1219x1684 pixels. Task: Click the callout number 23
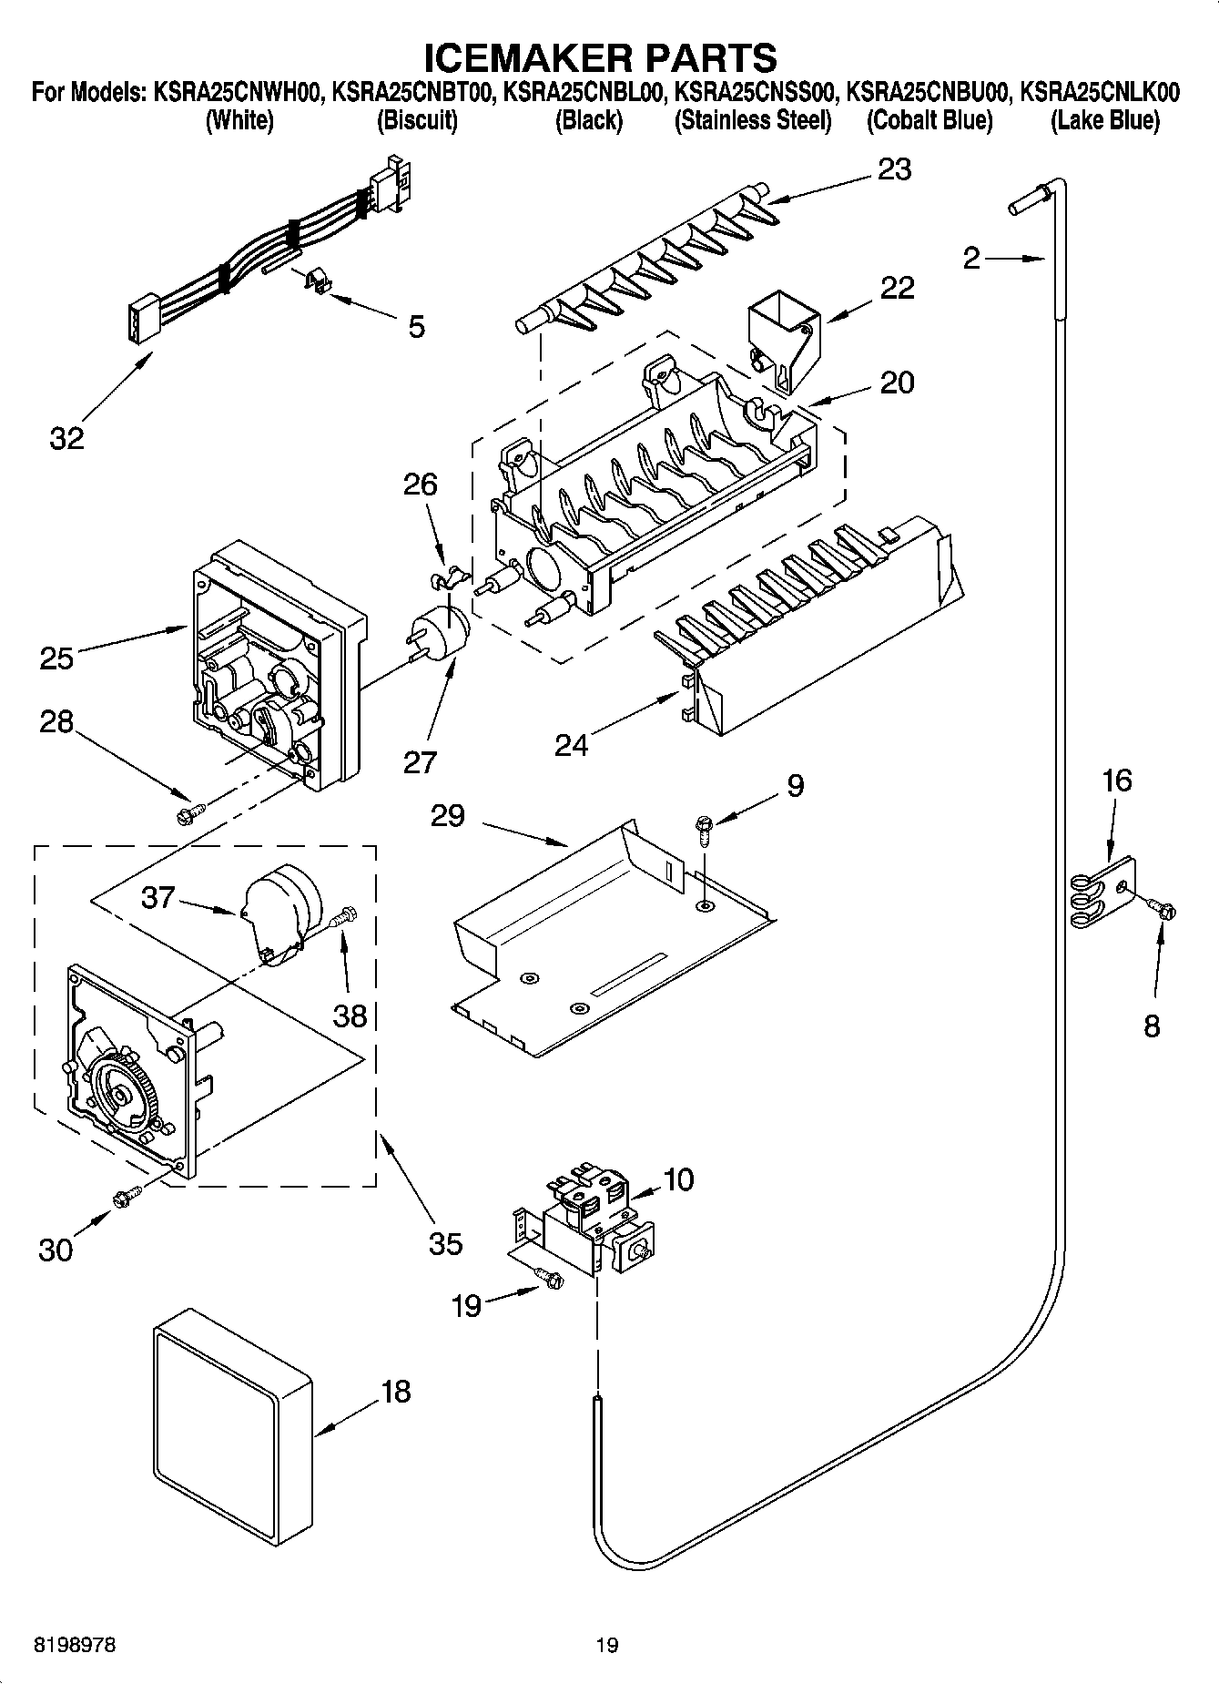(x=894, y=169)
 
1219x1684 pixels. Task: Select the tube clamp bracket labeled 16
(x=1101, y=895)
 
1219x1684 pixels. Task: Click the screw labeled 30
(x=125, y=1196)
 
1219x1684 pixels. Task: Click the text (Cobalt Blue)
(x=929, y=120)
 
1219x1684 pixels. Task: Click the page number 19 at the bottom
(x=607, y=1645)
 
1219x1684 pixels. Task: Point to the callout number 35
(x=445, y=1243)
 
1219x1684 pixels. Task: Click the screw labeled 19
(x=549, y=1281)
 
